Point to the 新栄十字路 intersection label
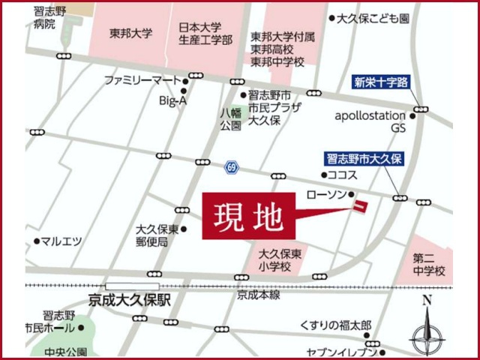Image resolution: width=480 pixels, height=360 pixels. [381, 82]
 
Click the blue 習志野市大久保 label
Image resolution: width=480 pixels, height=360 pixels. [364, 158]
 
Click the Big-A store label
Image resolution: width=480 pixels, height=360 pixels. [172, 100]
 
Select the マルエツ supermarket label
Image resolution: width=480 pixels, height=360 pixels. [61, 241]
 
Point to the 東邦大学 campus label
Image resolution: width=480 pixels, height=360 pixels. [130, 33]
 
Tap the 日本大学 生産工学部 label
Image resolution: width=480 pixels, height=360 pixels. [205, 33]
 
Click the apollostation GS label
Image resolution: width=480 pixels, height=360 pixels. [370, 122]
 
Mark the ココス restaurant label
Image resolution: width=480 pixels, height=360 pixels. [342, 173]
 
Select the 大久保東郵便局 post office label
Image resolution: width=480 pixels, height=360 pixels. [157, 235]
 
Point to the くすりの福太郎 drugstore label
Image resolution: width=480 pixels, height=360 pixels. [335, 325]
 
